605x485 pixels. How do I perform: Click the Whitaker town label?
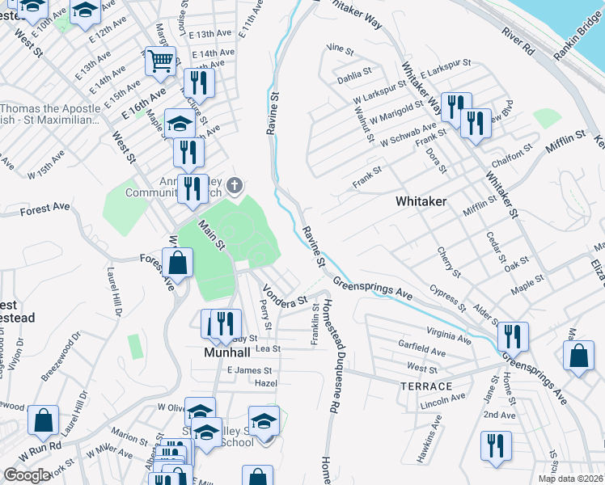(x=421, y=200)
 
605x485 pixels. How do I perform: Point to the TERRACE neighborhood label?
(x=425, y=386)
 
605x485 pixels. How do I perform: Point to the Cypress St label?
(x=448, y=297)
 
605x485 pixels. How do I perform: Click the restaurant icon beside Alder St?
(x=513, y=335)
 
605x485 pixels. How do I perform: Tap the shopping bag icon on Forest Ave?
(x=177, y=263)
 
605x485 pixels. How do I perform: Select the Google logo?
(x=27, y=475)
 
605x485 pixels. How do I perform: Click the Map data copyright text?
(x=571, y=479)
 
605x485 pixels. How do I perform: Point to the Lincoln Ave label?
(x=444, y=398)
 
